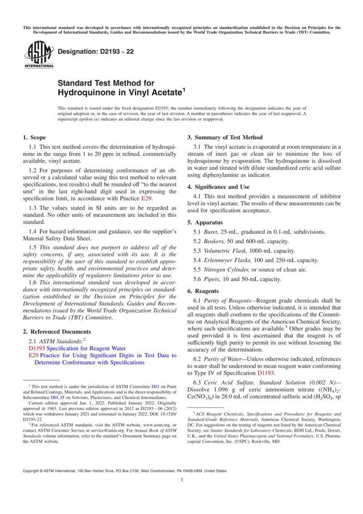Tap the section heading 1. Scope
[x=35, y=138]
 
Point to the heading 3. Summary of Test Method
[x=224, y=137]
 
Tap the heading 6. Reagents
[x=208, y=291]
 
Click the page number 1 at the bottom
[x=181, y=496]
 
